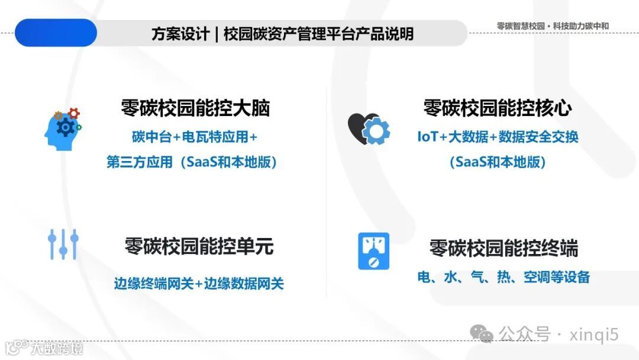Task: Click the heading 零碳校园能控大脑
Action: click(195, 109)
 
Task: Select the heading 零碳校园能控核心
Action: click(497, 109)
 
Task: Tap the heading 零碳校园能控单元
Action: click(199, 246)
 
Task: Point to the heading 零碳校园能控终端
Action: click(504, 248)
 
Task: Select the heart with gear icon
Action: click(368, 127)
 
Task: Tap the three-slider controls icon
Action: click(63, 244)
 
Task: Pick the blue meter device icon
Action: click(373, 252)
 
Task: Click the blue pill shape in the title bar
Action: click(56, 33)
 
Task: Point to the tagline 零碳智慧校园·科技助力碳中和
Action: click(553, 26)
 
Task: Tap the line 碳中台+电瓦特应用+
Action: click(195, 137)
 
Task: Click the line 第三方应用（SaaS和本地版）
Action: click(192, 162)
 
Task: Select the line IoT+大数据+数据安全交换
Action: click(498, 137)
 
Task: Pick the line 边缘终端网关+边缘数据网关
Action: click(199, 284)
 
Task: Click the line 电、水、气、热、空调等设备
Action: click(504, 277)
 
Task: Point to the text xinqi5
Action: click(593, 335)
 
